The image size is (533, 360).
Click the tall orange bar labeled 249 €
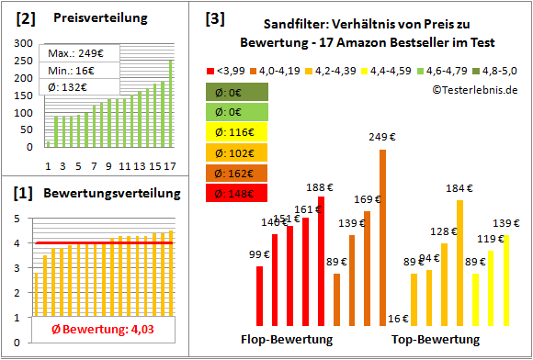pos(382,238)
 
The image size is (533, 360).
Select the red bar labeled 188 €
pos(321,261)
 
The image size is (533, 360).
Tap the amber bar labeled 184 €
pos(459,263)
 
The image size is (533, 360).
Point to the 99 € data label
pos(259,254)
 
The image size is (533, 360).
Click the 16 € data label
pos(398,319)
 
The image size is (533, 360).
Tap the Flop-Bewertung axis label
pos(287,340)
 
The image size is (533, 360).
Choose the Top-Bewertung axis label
pos(436,340)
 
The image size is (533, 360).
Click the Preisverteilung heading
pos(91,17)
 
